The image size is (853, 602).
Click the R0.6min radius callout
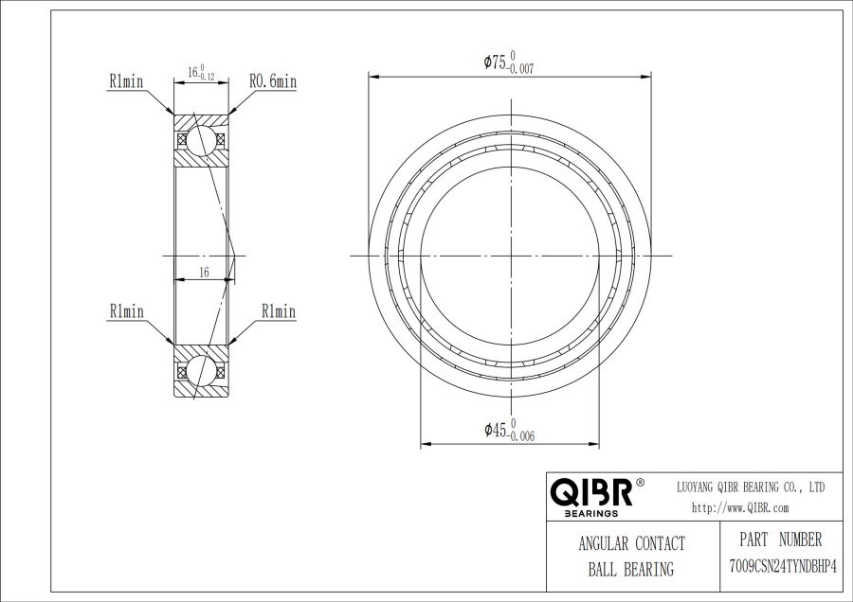(x=273, y=81)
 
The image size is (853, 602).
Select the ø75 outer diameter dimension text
(x=509, y=62)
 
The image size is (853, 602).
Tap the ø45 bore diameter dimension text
(x=510, y=431)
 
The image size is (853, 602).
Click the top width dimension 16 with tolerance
(x=201, y=72)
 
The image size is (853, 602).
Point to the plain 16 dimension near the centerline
(x=204, y=273)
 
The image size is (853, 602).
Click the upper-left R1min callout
(x=126, y=81)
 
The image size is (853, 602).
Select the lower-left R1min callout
(x=127, y=311)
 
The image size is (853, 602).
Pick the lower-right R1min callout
(x=279, y=311)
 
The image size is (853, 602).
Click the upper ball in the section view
(x=201, y=140)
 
